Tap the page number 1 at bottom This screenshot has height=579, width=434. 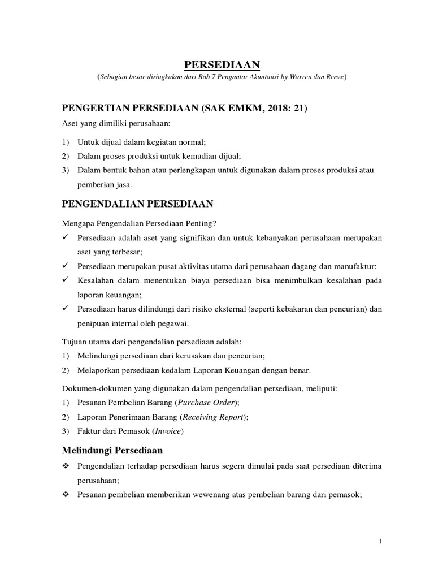(381, 542)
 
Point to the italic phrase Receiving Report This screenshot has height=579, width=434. (216, 417)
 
